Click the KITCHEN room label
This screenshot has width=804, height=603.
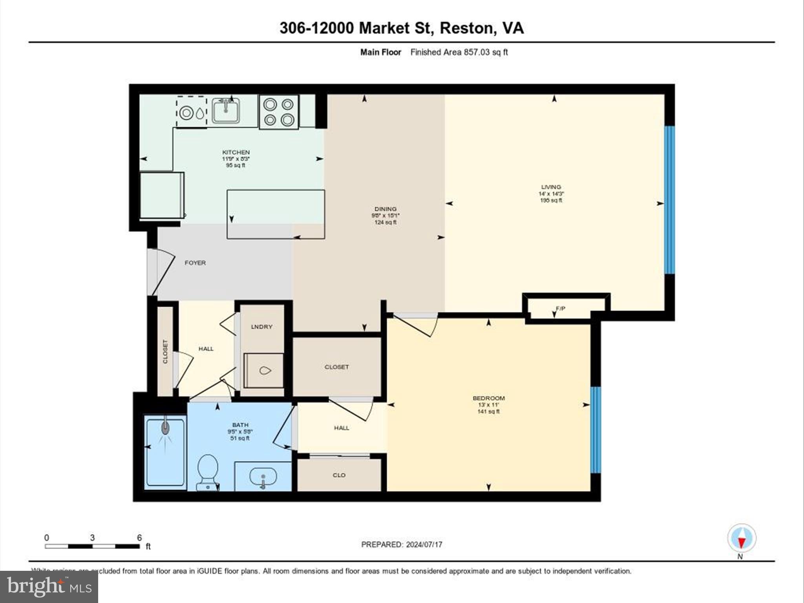pyautogui.click(x=236, y=152)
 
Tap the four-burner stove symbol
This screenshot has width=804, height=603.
pyautogui.click(x=279, y=111)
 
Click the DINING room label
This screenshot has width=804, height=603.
pyautogui.click(x=386, y=209)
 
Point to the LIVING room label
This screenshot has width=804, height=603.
pyautogui.click(x=551, y=187)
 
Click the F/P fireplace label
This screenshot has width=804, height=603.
pyautogui.click(x=561, y=309)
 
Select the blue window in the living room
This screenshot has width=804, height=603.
pyautogui.click(x=669, y=199)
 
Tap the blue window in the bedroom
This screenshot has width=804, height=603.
pyautogui.click(x=596, y=430)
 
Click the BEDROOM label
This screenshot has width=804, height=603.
pyautogui.click(x=489, y=398)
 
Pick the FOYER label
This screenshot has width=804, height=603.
pyautogui.click(x=195, y=263)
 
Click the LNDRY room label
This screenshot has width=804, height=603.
pyautogui.click(x=261, y=327)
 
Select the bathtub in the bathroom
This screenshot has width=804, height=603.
pyautogui.click(x=165, y=453)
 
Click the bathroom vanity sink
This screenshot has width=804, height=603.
pyautogui.click(x=263, y=477)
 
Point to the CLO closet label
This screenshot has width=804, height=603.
pyautogui.click(x=339, y=475)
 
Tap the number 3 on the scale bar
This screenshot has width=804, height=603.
pyautogui.click(x=92, y=538)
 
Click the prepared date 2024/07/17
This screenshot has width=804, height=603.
pyautogui.click(x=424, y=545)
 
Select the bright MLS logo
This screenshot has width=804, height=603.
pyautogui.click(x=49, y=587)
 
